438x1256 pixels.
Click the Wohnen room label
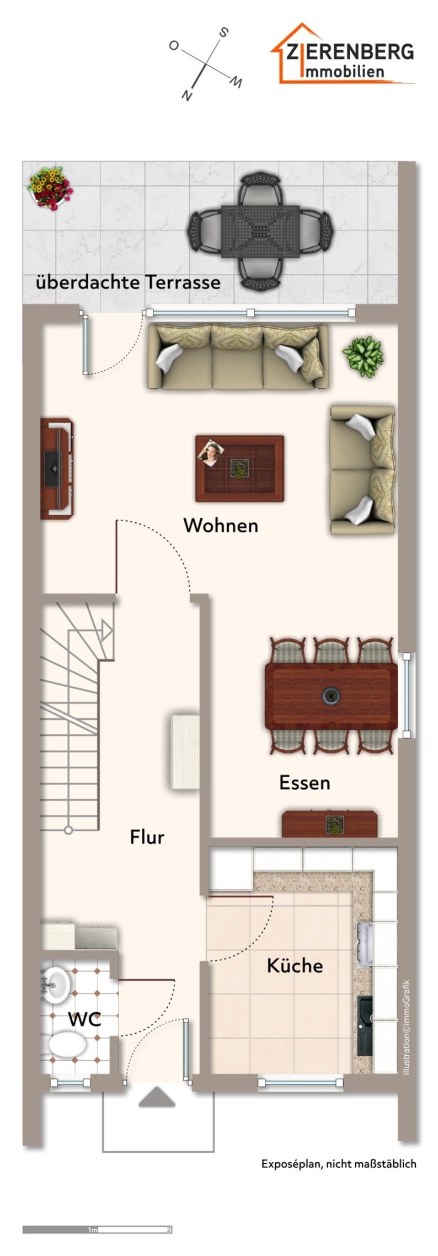pos(221,525)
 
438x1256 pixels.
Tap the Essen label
pos(305,783)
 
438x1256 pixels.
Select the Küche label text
pos(295,965)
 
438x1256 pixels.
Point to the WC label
pos(84,1019)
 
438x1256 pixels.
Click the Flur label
pos(147,837)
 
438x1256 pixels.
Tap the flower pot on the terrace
pos(50,188)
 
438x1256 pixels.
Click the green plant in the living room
pos(362,357)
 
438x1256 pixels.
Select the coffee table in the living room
pos(240,468)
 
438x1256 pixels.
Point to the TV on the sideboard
pos(54,468)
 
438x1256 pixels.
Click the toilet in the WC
pos(67,1044)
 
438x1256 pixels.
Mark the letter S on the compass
pos(223,33)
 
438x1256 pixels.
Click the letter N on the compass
pos(188,95)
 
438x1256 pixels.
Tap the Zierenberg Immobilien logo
pos(342,54)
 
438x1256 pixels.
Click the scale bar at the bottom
pos(98,1230)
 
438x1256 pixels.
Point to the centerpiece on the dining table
pos(331,696)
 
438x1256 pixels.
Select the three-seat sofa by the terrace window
pos(238,357)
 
